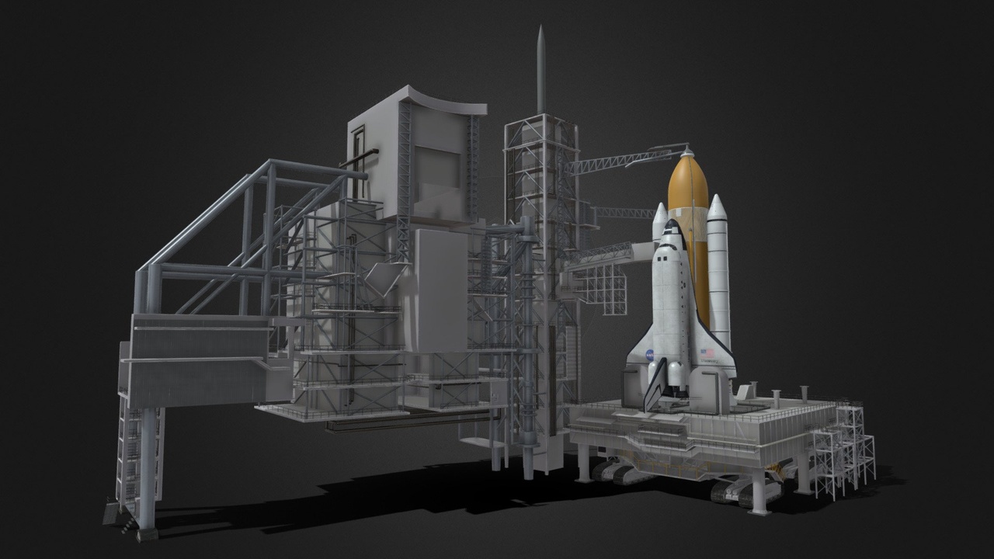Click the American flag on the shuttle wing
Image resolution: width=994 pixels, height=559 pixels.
[x=707, y=352]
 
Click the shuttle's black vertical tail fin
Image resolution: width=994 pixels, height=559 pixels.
[x=656, y=384]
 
